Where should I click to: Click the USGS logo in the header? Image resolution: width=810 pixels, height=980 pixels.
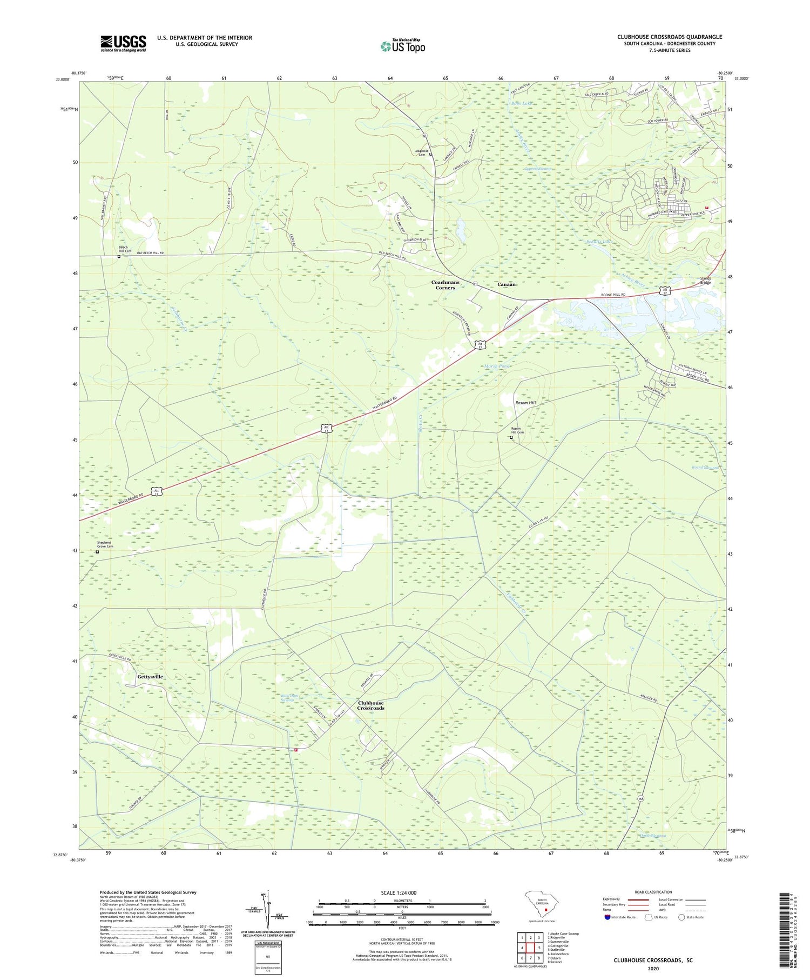pyautogui.click(x=123, y=43)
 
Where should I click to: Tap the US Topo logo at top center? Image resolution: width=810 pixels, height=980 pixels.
pyautogui.click(x=402, y=46)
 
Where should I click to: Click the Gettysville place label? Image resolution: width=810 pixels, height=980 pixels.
pyautogui.click(x=150, y=677)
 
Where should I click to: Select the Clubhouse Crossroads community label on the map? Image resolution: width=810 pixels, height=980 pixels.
pyautogui.click(x=370, y=705)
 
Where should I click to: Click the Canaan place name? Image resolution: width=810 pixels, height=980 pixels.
pyautogui.click(x=507, y=284)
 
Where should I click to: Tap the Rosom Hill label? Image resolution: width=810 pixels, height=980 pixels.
pyautogui.click(x=525, y=403)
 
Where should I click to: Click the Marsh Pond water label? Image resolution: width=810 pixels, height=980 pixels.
pyautogui.click(x=497, y=366)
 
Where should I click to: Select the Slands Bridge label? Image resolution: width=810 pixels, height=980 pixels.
pyautogui.click(x=706, y=281)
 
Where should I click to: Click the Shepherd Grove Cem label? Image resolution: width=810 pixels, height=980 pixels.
pyautogui.click(x=105, y=544)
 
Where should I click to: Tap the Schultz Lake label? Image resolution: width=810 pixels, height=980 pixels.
pyautogui.click(x=599, y=242)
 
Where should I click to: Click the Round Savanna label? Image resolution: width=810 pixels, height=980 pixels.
pyautogui.click(x=706, y=468)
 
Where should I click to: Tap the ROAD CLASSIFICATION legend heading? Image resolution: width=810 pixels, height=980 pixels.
pyautogui.click(x=653, y=892)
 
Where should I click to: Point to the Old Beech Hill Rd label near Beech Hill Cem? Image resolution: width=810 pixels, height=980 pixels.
pyautogui.click(x=150, y=253)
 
